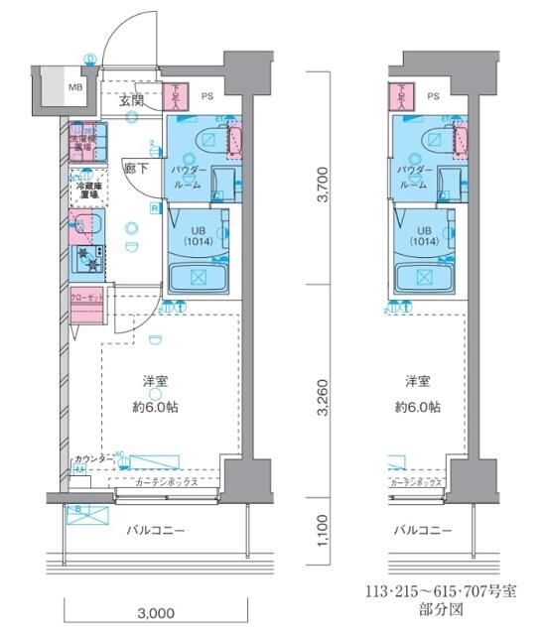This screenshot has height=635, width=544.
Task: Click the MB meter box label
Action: pyautogui.click(x=75, y=87)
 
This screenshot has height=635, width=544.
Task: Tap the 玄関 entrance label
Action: pyautogui.click(x=132, y=100)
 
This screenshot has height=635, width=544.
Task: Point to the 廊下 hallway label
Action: pyautogui.click(x=136, y=168)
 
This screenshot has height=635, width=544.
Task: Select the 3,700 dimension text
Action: pyautogui.click(x=321, y=185)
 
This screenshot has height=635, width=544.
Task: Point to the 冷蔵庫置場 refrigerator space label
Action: pyautogui.click(x=83, y=190)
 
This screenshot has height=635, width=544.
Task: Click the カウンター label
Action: pyautogui.click(x=92, y=459)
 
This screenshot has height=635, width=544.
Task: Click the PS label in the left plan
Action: pyautogui.click(x=206, y=96)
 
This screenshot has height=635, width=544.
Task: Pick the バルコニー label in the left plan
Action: pyautogui.click(x=156, y=531)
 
